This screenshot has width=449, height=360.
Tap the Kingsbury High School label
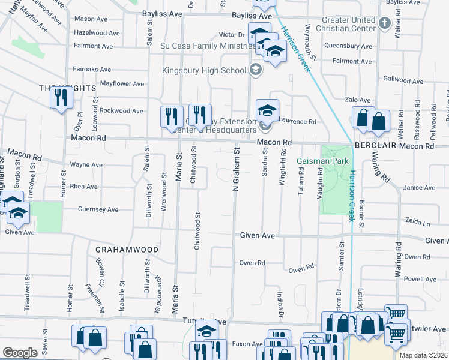(x=204, y=70)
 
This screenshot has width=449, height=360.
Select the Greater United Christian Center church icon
(x=385, y=25)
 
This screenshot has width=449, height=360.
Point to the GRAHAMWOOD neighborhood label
(x=127, y=249)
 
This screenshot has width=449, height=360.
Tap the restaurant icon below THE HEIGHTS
(x=60, y=97)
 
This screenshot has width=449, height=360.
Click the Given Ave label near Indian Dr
(x=258, y=236)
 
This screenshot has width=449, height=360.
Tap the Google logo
(x=20, y=353)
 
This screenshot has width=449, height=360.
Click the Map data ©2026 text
(x=424, y=355)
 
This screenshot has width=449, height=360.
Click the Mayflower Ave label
(x=122, y=83)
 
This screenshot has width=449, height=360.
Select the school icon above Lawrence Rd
(x=267, y=110)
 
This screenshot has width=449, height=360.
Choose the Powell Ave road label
(x=421, y=279)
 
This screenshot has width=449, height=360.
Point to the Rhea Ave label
(x=83, y=187)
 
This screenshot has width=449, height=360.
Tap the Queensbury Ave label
(x=348, y=46)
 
